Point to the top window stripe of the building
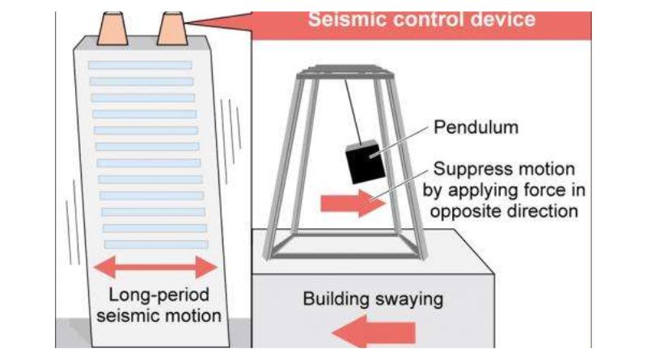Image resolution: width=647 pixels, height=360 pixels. pos(140,66)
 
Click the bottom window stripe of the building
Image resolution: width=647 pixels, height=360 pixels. pos(156,244)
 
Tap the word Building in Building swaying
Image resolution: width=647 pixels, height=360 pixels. pos(336,299)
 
